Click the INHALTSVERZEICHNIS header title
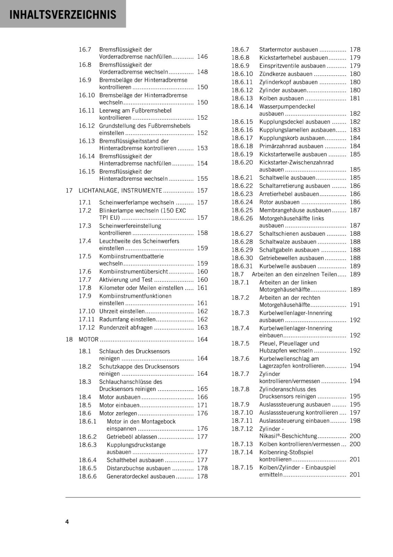click(63, 15)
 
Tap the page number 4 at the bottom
click(67, 521)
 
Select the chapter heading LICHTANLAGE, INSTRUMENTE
click(120, 190)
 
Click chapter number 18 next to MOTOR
click(69, 339)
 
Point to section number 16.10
click(87, 95)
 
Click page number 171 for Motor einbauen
click(202, 405)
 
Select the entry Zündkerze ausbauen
click(286, 74)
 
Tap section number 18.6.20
click(242, 162)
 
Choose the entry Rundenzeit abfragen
click(126, 328)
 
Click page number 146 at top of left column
click(202, 56)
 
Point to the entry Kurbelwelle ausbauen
click(282, 266)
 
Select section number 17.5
click(85, 256)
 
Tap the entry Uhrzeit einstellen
click(122, 311)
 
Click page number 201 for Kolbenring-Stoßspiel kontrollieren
click(355, 460)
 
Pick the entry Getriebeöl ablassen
click(132, 437)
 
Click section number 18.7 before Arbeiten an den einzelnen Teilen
click(238, 274)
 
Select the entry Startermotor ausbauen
click(288, 49)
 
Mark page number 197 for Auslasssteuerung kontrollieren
click(355, 413)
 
